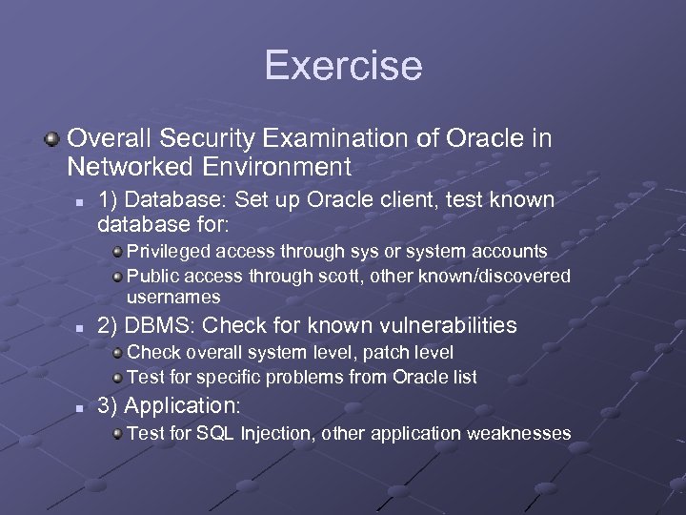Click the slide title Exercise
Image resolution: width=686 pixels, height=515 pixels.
[x=343, y=66]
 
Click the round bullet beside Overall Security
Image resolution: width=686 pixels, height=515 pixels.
[x=52, y=140]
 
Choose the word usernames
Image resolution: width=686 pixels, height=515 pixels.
[x=173, y=298]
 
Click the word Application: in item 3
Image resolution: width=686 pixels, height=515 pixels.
[x=183, y=405]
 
